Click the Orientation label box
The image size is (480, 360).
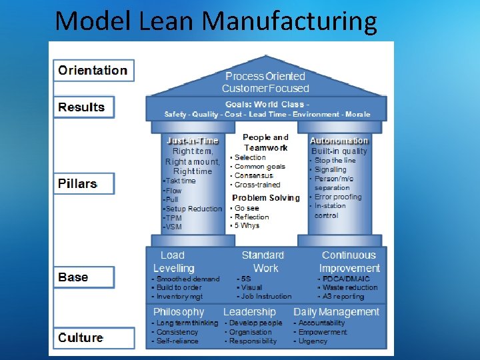click(93, 70)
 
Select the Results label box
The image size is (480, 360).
click(83, 107)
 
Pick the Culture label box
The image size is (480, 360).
click(81, 337)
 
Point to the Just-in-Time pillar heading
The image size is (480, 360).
click(193, 141)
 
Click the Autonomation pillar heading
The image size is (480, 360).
click(339, 141)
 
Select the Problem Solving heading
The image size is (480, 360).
click(266, 198)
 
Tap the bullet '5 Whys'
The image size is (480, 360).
click(247, 226)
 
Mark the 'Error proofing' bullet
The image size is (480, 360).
click(337, 197)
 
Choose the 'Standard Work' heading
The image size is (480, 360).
click(263, 261)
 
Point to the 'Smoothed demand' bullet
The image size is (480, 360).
click(187, 279)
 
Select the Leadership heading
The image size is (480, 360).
click(249, 312)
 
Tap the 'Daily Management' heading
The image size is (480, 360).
click(336, 312)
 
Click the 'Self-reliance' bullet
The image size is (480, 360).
click(177, 341)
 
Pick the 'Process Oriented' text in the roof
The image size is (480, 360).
click(265, 77)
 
